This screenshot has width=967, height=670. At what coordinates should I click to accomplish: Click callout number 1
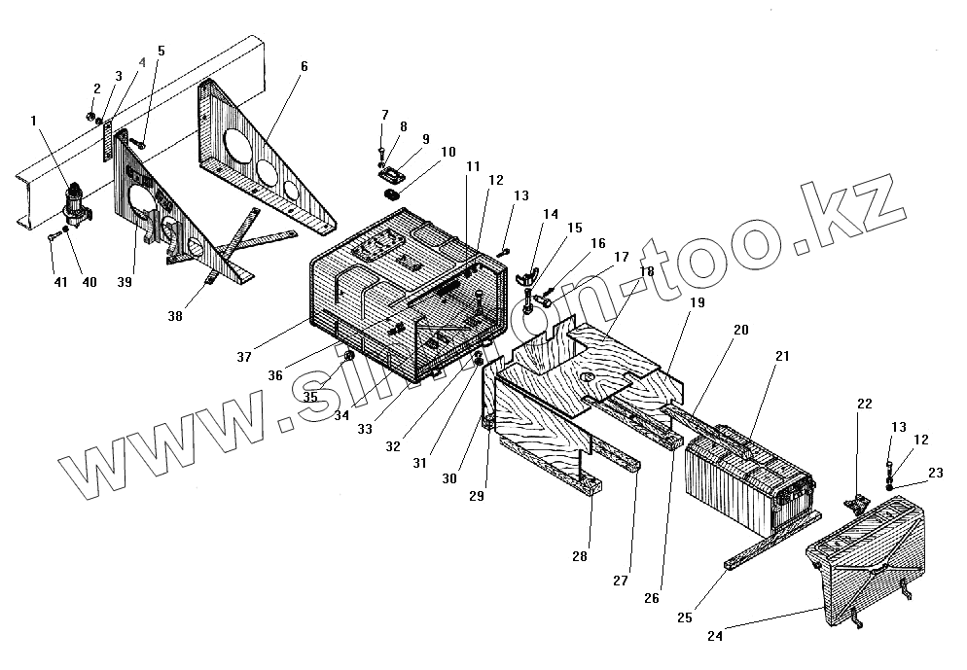[34, 122]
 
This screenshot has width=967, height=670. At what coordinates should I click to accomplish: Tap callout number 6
[304, 67]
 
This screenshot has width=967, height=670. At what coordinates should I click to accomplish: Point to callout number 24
[715, 637]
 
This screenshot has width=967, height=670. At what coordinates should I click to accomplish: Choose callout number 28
[580, 556]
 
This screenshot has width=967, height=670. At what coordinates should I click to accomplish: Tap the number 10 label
[447, 153]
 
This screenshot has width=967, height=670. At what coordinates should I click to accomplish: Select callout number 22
[865, 403]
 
